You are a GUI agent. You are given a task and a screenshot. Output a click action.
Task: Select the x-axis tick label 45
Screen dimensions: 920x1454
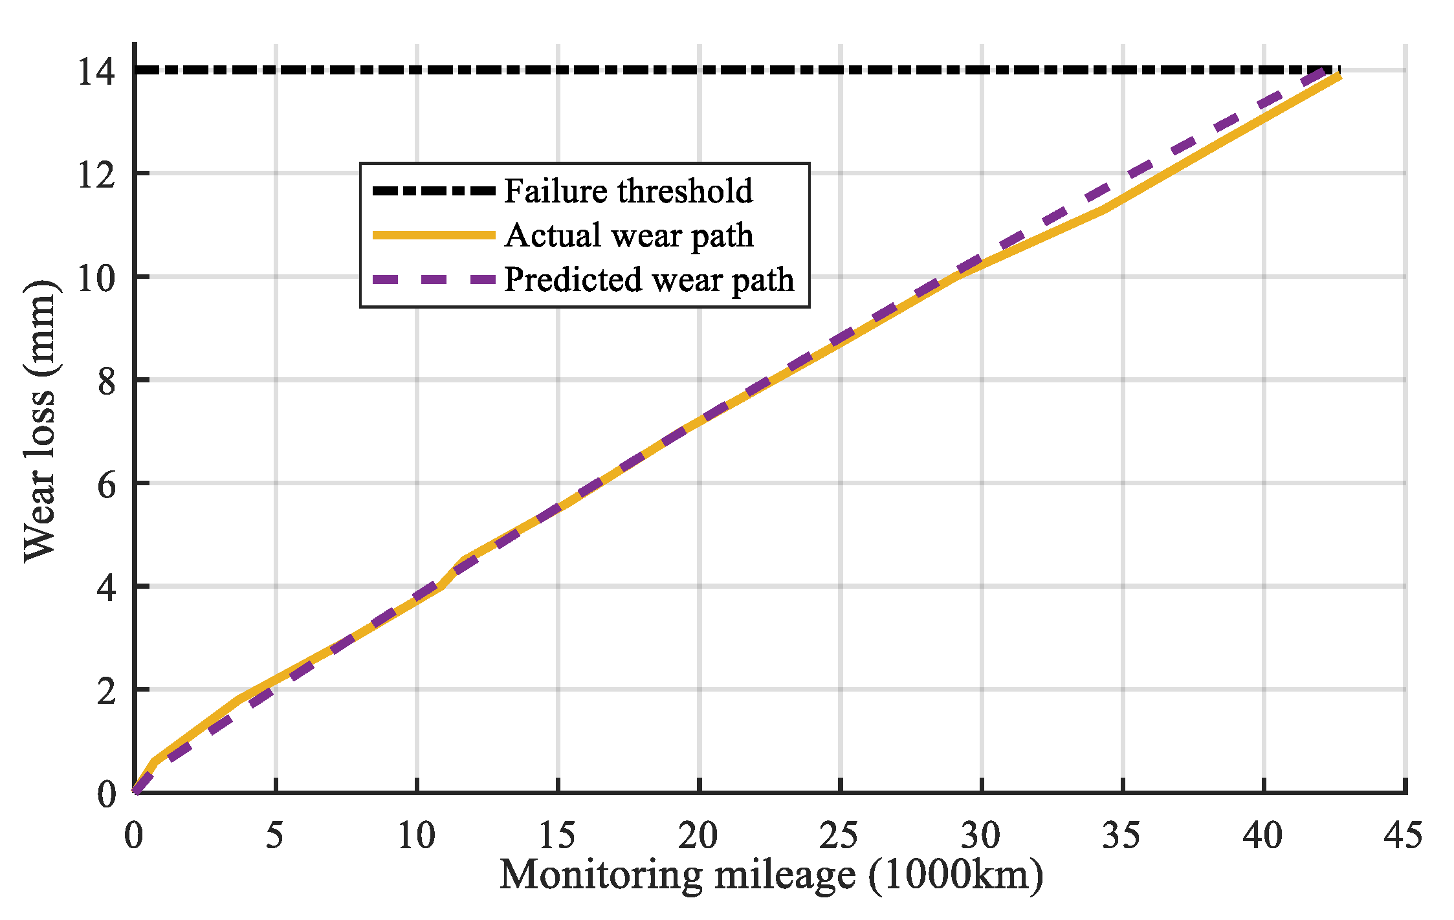pyautogui.click(x=1403, y=835)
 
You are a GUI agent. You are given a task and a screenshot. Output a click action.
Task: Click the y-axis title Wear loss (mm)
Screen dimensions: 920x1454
pyautogui.click(x=40, y=421)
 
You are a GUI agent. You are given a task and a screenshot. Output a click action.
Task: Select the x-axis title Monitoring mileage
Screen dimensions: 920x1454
pyautogui.click(x=677, y=875)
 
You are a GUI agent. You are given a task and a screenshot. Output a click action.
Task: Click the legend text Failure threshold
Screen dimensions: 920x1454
pyautogui.click(x=628, y=191)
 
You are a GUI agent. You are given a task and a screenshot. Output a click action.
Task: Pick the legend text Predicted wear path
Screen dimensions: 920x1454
pyautogui.click(x=648, y=279)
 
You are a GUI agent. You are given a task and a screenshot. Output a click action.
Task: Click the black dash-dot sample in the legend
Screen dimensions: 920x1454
pyautogui.click(x=434, y=191)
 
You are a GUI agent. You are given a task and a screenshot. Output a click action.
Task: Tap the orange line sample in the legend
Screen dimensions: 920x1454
pyautogui.click(x=434, y=235)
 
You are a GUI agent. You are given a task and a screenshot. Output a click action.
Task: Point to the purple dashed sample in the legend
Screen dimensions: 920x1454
pyautogui.click(x=434, y=279)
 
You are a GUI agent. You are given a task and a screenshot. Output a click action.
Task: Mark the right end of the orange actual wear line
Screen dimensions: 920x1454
pyautogui.click(x=1339, y=77)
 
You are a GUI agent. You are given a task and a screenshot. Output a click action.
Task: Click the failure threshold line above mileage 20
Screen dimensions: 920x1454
pyautogui.click(x=699, y=70)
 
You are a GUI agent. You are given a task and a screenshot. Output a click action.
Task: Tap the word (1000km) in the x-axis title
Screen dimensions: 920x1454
pyautogui.click(x=955, y=875)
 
